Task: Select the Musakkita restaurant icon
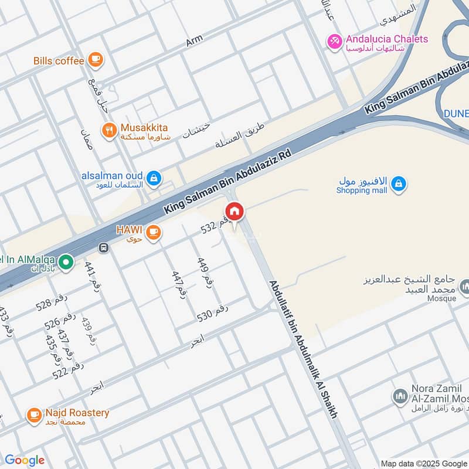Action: tap(108, 131)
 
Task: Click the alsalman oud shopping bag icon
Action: tap(154, 178)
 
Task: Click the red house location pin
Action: tap(235, 212)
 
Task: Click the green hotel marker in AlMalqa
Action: tap(67, 262)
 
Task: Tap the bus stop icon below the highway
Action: tap(104, 248)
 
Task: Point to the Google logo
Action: tap(25, 460)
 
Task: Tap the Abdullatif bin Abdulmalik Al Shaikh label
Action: tap(304, 349)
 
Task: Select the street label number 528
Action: tap(52, 302)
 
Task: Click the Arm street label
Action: tap(194, 40)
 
